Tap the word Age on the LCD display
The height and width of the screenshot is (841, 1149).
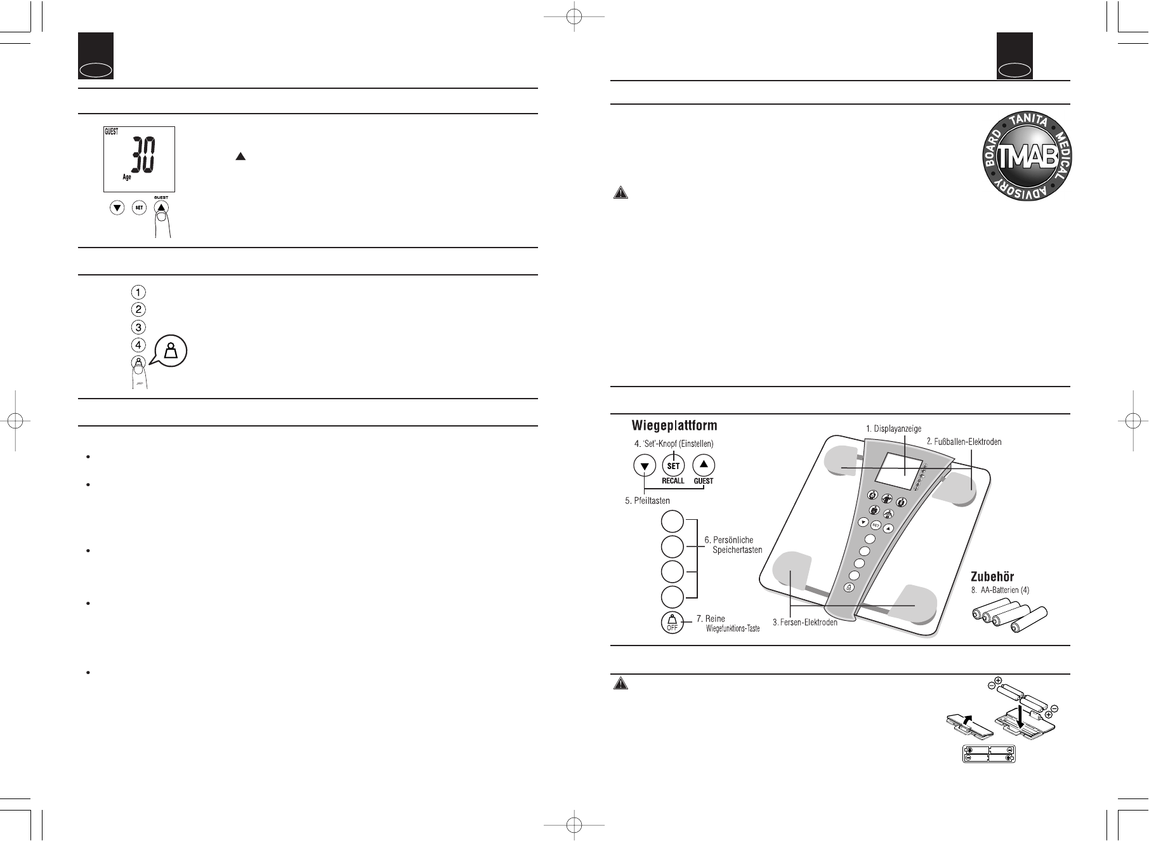[x=127, y=178]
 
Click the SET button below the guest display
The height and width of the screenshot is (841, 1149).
[x=139, y=207]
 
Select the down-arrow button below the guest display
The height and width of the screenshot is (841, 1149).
[x=117, y=207]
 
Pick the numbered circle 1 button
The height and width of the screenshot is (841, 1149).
[x=138, y=293]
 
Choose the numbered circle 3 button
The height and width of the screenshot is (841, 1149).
[x=138, y=328]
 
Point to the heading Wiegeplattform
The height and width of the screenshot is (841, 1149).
[x=674, y=425]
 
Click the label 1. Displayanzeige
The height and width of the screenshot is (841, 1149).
[x=893, y=429]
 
